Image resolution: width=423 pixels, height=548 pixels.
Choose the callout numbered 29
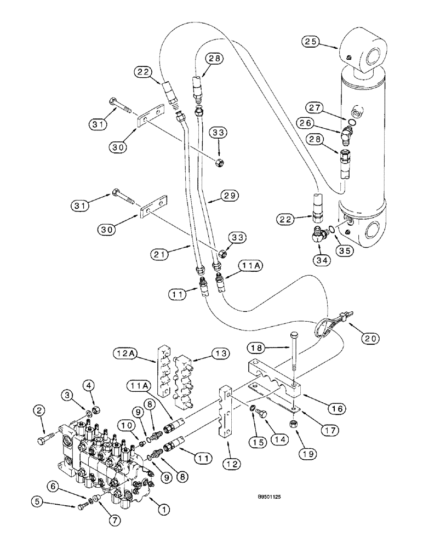pyautogui.click(x=230, y=196)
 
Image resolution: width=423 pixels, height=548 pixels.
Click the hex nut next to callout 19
pyautogui.click(x=294, y=425)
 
